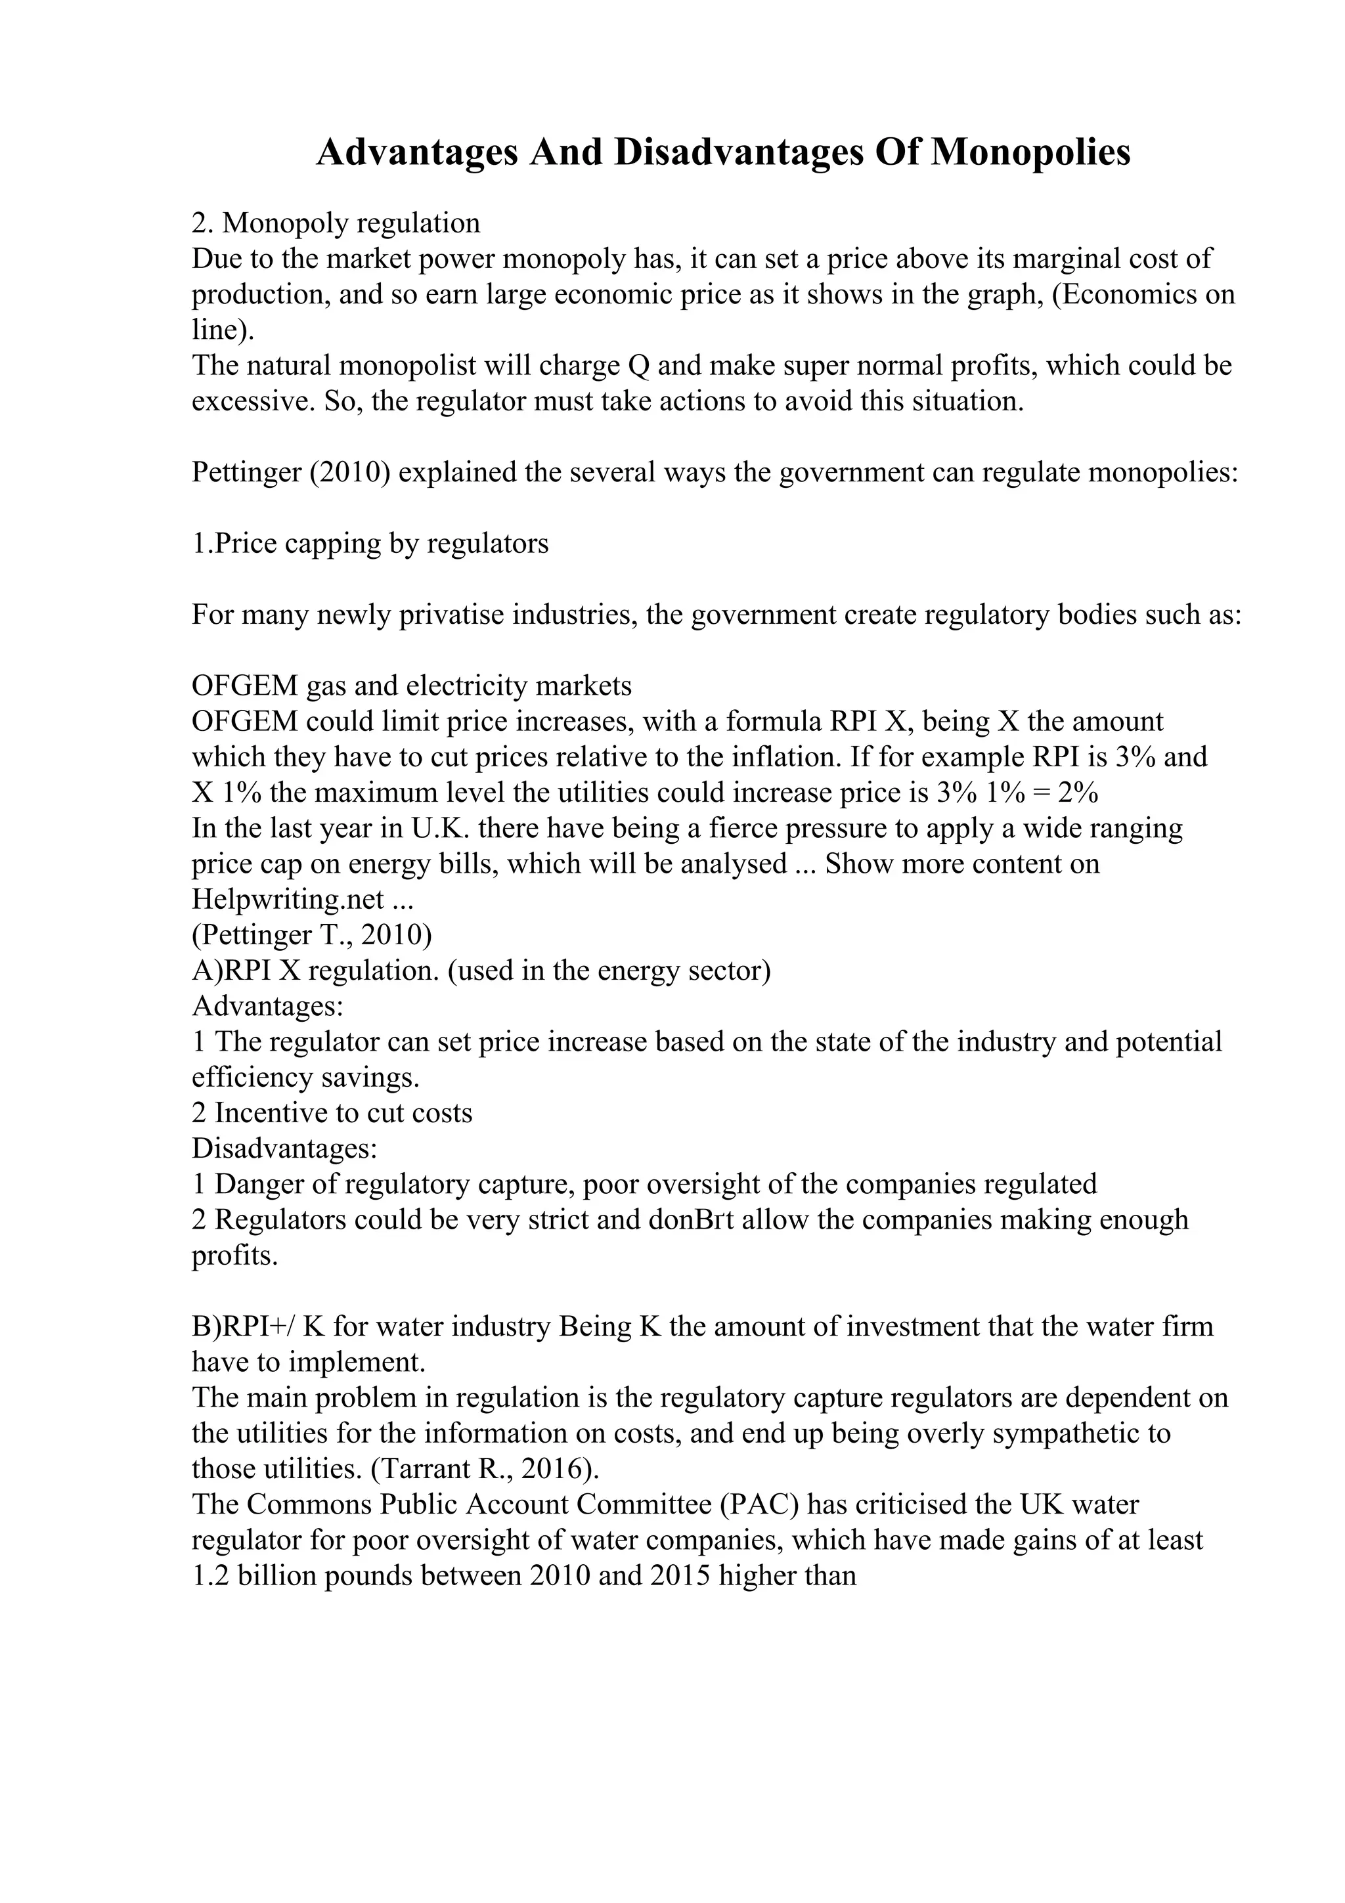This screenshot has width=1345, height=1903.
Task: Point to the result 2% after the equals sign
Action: (1079, 793)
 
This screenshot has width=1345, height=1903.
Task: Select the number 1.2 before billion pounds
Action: (211, 1575)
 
